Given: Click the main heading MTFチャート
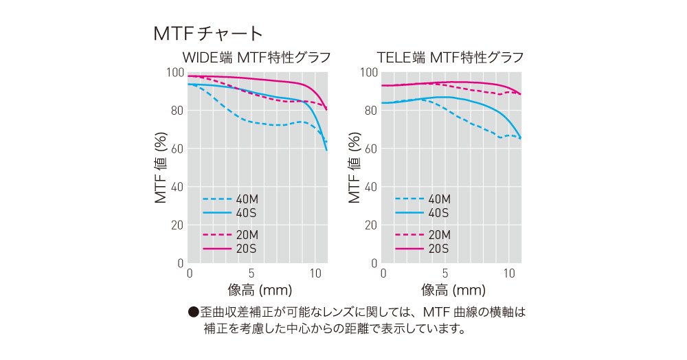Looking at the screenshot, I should (x=207, y=33).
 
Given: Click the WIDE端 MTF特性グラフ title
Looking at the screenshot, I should (x=256, y=57).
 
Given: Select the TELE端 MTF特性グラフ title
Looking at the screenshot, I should (x=451, y=57).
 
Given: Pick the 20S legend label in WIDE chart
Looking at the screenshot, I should (x=246, y=249).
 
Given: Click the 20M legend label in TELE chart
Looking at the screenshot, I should (x=438, y=235).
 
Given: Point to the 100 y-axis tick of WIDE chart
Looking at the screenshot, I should (x=175, y=73).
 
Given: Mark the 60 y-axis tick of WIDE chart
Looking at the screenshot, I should (x=178, y=148).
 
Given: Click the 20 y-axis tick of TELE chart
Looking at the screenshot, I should (x=371, y=225).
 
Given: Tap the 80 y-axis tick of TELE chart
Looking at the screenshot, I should (x=371, y=111).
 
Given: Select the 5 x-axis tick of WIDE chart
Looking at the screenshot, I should (x=252, y=273).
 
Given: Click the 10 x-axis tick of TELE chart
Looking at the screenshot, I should (x=509, y=273).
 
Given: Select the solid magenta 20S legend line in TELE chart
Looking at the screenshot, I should (x=408, y=249).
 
